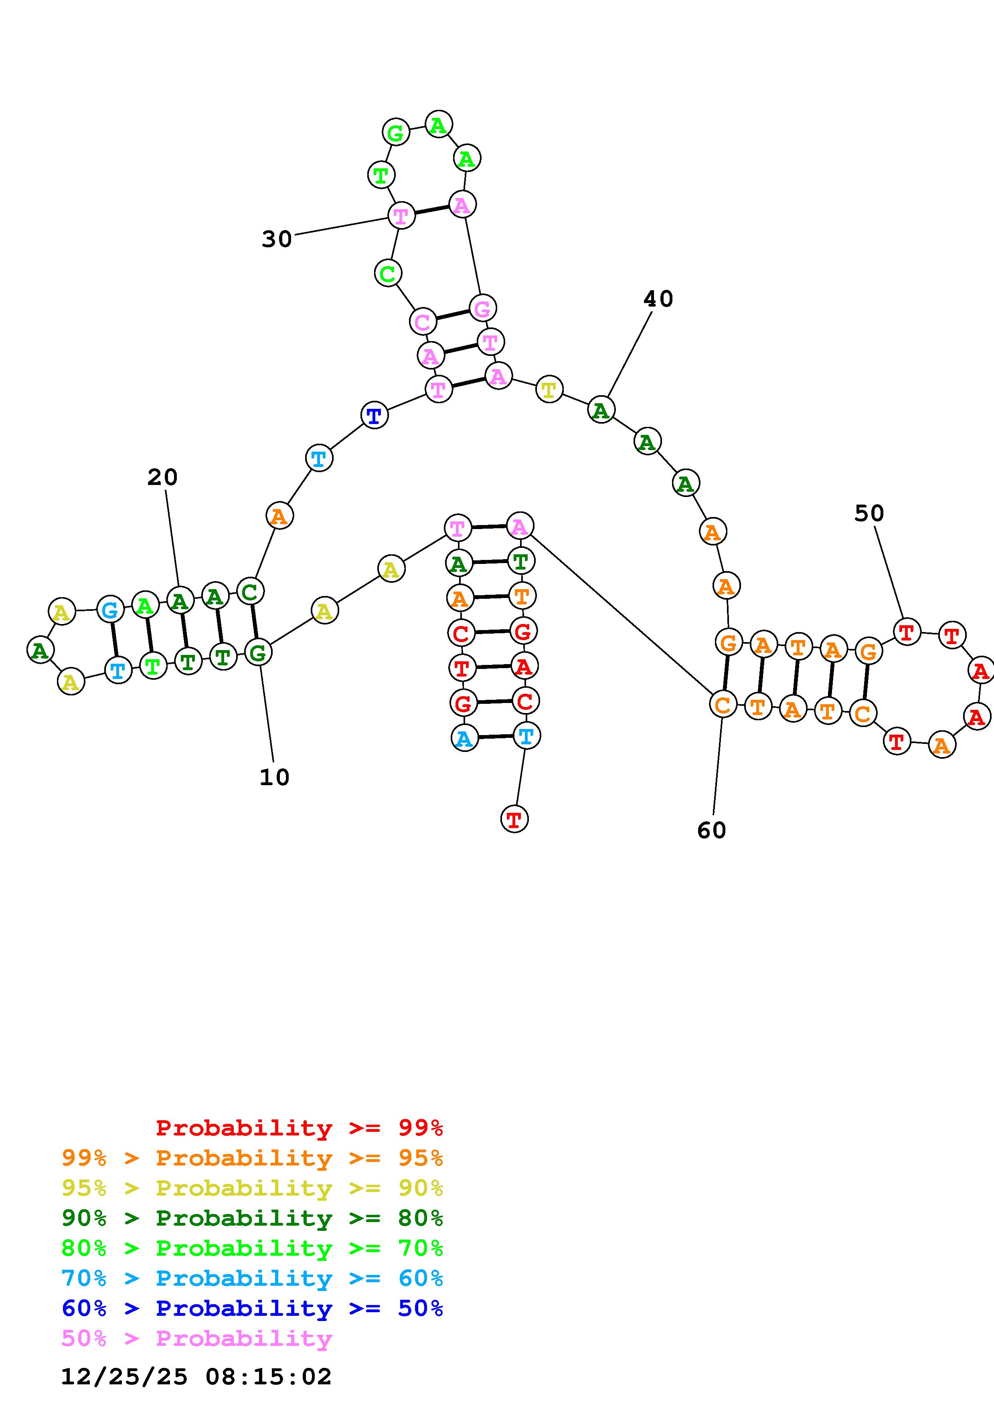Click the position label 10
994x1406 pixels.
[x=274, y=777]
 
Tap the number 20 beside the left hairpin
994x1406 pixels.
[x=162, y=477]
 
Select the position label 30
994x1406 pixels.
[x=277, y=239]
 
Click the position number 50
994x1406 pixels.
[x=869, y=513]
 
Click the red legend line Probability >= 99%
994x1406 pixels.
[x=300, y=1127]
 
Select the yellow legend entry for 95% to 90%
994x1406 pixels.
[x=252, y=1188]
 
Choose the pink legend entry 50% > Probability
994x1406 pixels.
[x=196, y=1338]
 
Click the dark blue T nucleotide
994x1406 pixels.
[x=374, y=416]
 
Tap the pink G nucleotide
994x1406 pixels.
[x=483, y=308]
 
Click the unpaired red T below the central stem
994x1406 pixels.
[x=514, y=819]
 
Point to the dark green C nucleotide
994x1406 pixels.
[x=250, y=592]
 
